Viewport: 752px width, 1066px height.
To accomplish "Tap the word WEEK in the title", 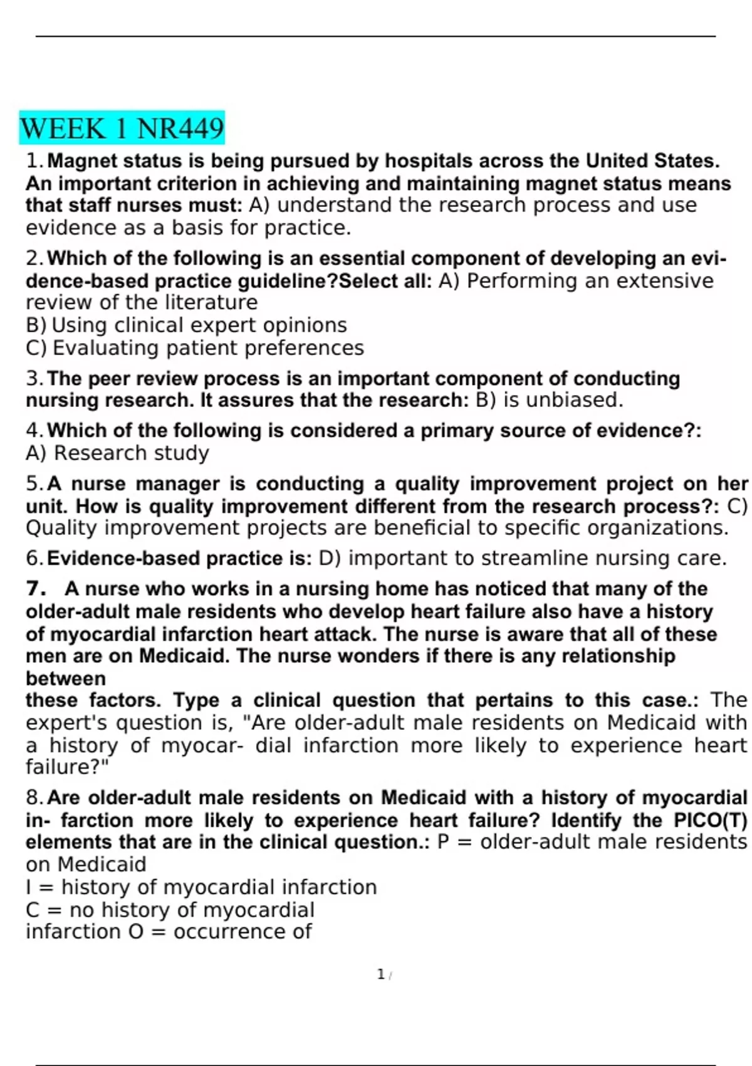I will click(63, 129).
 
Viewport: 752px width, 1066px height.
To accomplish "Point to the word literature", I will click(211, 302).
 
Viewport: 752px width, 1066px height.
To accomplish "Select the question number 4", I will click(33, 431).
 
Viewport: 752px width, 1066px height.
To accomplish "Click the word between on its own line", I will click(66, 678).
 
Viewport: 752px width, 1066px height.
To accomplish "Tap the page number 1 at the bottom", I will click(380, 974).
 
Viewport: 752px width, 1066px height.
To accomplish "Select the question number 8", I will click(33, 798).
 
